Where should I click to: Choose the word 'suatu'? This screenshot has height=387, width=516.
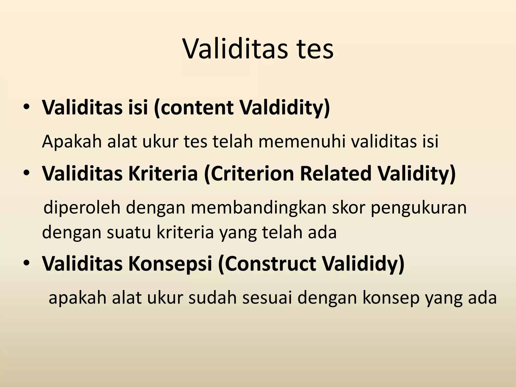point(129,232)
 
